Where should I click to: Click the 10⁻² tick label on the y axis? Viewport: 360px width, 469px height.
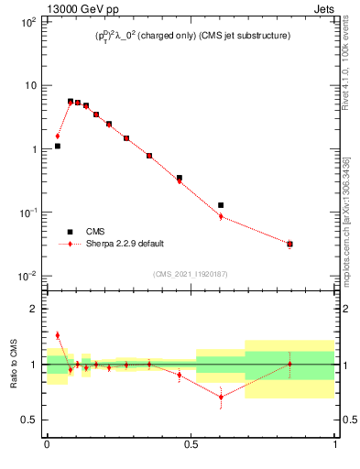(x=27, y=276)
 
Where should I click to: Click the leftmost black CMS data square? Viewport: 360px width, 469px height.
(x=58, y=146)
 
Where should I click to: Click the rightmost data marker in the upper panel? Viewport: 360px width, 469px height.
(x=289, y=244)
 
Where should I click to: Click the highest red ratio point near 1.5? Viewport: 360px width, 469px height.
(x=58, y=335)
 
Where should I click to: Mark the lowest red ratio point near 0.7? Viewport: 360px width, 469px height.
(x=221, y=397)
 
